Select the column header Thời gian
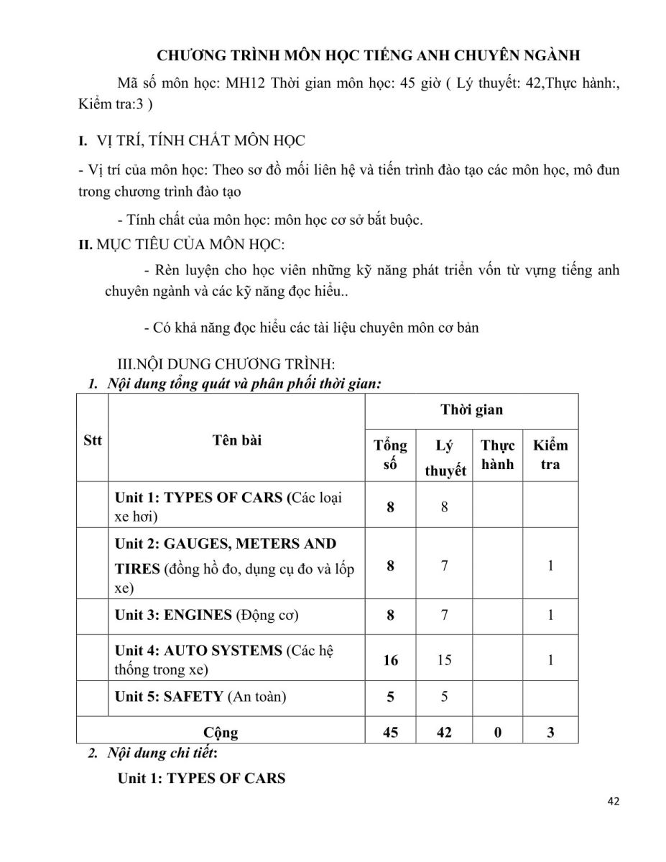[471, 410]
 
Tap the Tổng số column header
[390, 455]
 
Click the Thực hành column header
[497, 455]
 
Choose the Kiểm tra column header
[550, 455]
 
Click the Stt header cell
[93, 440]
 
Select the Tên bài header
[236, 440]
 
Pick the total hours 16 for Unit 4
[390, 659]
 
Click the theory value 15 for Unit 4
[445, 659]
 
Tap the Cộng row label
[221, 733]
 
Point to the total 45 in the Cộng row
[390, 733]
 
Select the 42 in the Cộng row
[445, 733]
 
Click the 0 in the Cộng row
[497, 733]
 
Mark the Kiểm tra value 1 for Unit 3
[550, 615]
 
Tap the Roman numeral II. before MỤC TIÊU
[85, 244]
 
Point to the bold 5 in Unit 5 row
[390, 696]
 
